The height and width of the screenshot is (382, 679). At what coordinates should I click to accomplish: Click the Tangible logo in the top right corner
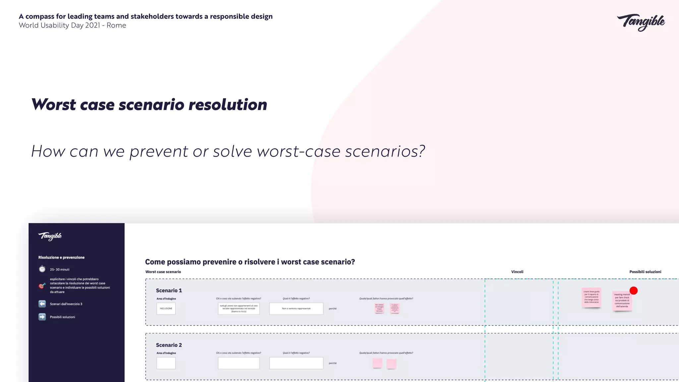[x=641, y=22]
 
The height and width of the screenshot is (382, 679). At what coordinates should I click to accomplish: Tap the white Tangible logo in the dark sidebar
[x=50, y=236]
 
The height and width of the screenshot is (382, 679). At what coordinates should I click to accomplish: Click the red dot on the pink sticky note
[x=633, y=290]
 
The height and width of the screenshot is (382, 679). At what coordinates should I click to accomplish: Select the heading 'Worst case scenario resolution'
[x=149, y=104]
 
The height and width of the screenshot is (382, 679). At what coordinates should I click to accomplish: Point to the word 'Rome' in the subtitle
[x=116, y=26]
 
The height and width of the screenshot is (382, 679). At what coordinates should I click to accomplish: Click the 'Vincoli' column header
[x=517, y=272]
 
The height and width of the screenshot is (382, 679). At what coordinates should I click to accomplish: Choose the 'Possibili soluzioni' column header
[x=645, y=272]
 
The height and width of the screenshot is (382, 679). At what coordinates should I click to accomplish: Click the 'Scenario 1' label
[x=169, y=290]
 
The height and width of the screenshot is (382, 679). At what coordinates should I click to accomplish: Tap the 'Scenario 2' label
[x=169, y=345]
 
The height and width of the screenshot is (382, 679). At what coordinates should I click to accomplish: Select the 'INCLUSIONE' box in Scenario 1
[x=166, y=308]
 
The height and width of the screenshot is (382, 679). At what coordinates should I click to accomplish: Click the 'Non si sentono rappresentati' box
[x=296, y=308]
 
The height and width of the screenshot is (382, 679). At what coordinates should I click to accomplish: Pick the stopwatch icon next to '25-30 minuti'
[x=42, y=269]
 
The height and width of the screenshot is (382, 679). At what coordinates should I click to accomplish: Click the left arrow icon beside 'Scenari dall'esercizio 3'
[x=42, y=304]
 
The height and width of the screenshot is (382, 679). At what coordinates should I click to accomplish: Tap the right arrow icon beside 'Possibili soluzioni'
[x=42, y=317]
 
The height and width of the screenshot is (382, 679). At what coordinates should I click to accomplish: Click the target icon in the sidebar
[x=42, y=286]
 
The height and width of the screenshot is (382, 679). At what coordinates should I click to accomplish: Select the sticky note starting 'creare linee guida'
[x=591, y=297]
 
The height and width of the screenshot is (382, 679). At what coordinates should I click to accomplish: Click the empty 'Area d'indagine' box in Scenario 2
[x=166, y=363]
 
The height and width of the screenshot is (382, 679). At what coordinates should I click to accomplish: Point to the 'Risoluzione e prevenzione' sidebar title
[x=61, y=258]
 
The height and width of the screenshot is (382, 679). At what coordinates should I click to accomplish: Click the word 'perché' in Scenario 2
[x=333, y=363]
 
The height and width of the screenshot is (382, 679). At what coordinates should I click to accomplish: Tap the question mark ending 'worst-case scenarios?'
[x=421, y=151]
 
